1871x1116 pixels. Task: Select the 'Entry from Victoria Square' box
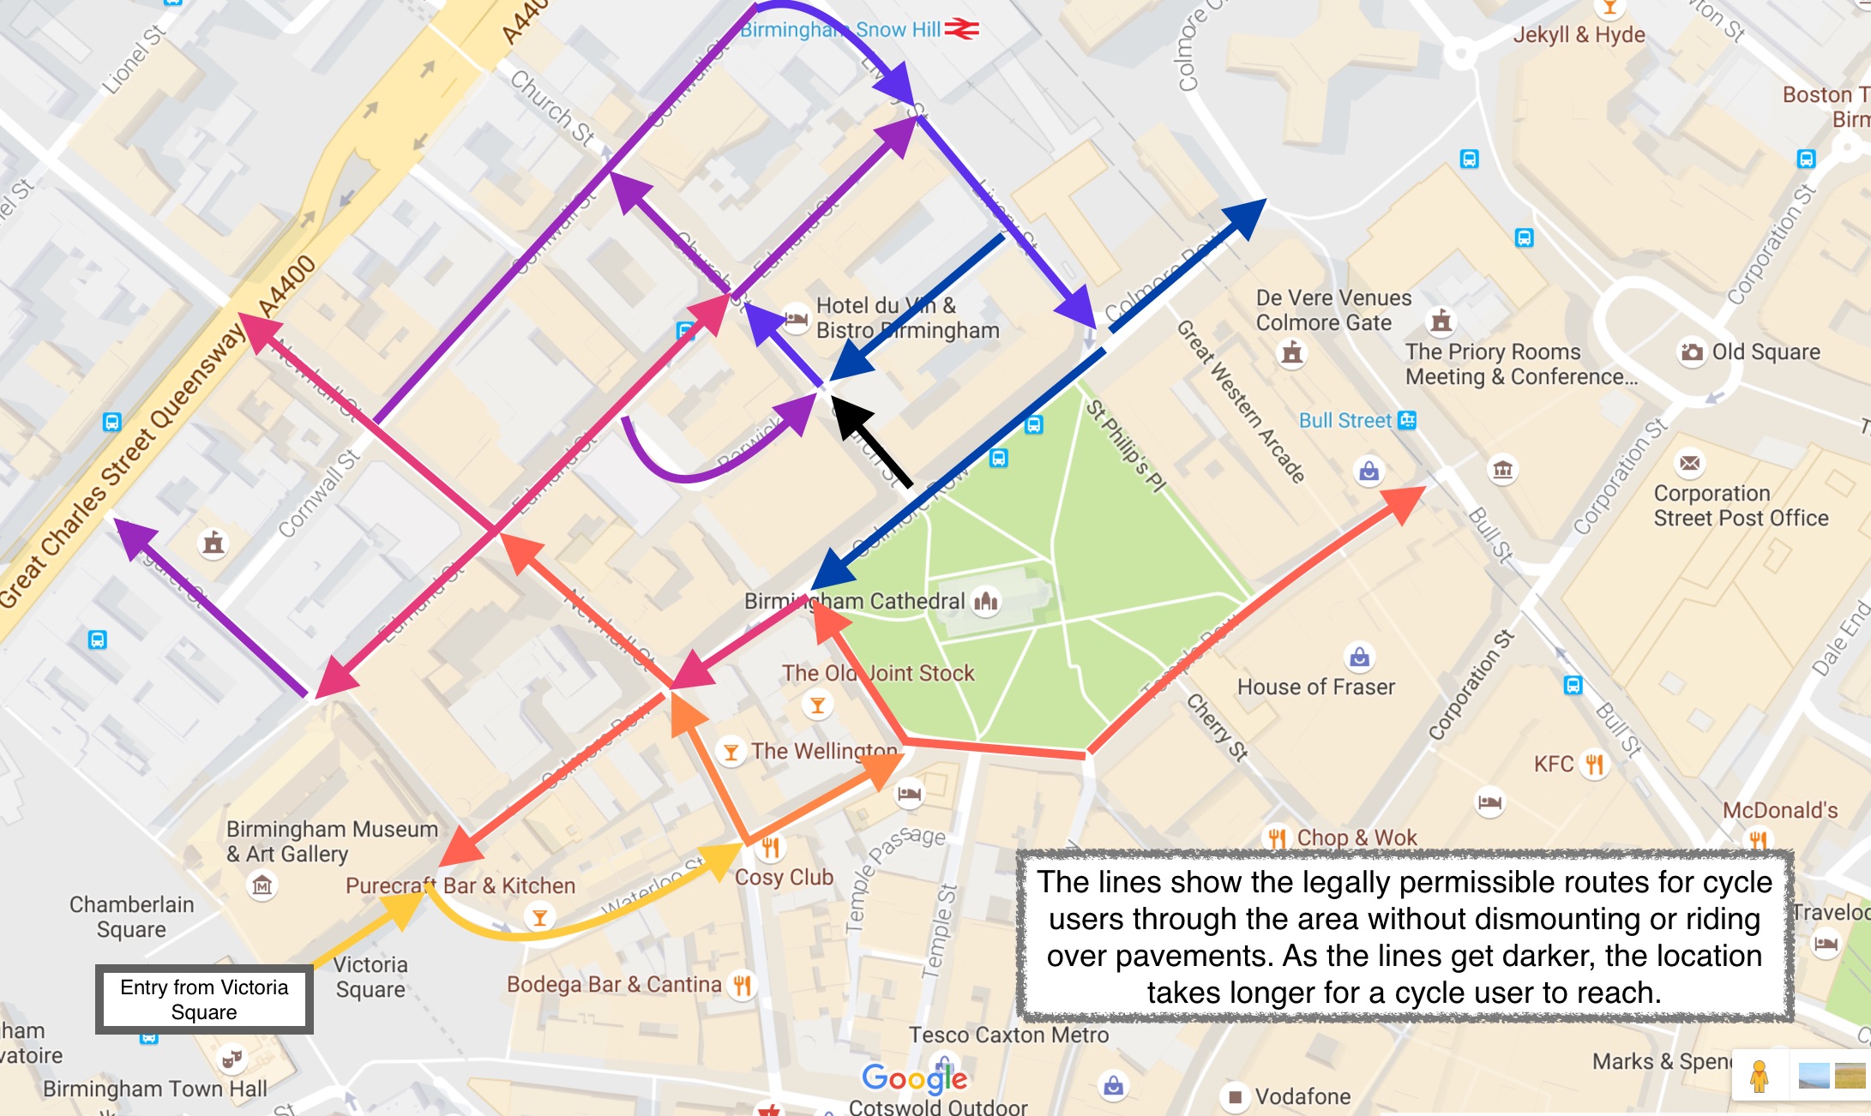pyautogui.click(x=204, y=999)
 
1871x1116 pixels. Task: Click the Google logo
pyautogui.click(x=914, y=1078)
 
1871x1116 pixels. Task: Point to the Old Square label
pyautogui.click(x=1766, y=352)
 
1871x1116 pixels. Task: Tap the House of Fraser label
pyautogui.click(x=1315, y=687)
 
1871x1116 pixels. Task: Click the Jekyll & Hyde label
pyautogui.click(x=1579, y=35)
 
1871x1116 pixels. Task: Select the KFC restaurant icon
pyautogui.click(x=1594, y=764)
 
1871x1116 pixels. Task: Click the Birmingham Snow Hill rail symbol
pyautogui.click(x=961, y=30)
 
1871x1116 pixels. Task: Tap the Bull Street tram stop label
pyautogui.click(x=1345, y=420)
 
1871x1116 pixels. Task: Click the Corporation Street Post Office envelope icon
pyautogui.click(x=1689, y=464)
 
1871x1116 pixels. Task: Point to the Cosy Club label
pyautogui.click(x=784, y=877)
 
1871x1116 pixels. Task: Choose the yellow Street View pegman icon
pyautogui.click(x=1759, y=1076)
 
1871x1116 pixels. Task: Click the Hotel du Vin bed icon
pyautogui.click(x=796, y=318)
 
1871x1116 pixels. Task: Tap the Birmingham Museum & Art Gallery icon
pyautogui.click(x=262, y=884)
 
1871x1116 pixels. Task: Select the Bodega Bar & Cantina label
pyautogui.click(x=614, y=984)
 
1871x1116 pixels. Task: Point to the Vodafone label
pyautogui.click(x=1302, y=1096)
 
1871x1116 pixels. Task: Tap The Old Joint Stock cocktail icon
pyautogui.click(x=817, y=705)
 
